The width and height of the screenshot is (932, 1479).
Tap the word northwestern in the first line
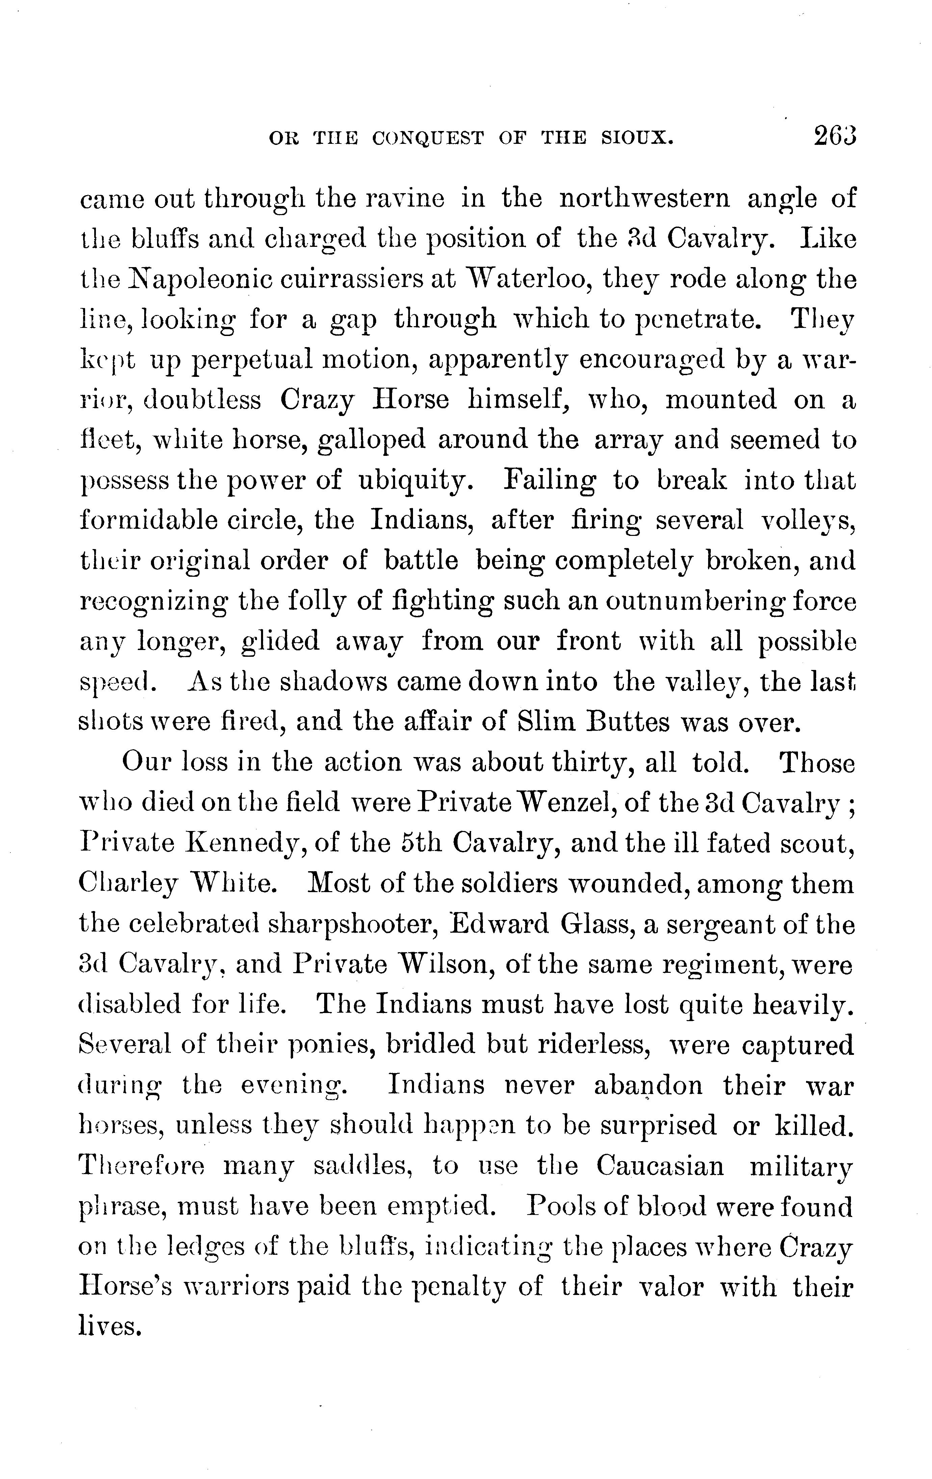click(645, 199)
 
